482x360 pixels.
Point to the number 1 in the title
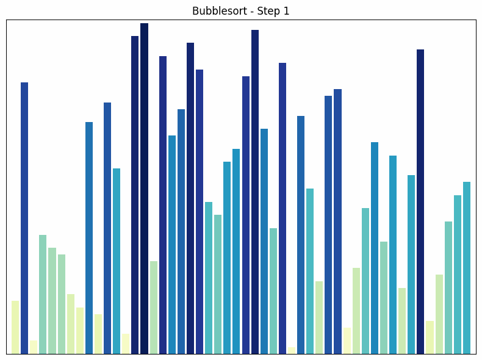(x=286, y=11)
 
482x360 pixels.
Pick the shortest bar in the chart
(x=292, y=350)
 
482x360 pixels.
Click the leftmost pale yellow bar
(x=15, y=327)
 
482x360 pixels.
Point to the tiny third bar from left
(x=34, y=347)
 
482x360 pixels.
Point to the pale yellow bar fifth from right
(x=430, y=337)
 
